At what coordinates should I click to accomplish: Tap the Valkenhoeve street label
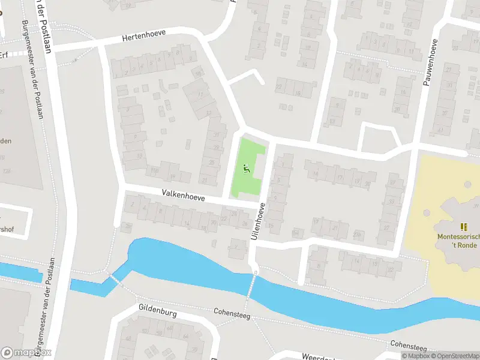[x=183, y=196]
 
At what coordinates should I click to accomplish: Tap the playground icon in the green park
[x=246, y=169]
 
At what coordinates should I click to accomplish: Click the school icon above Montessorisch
[x=463, y=227]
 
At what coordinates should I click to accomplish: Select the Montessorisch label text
[x=458, y=236]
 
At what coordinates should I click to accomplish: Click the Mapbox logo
[x=26, y=353]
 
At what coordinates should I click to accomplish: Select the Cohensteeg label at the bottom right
[x=408, y=346]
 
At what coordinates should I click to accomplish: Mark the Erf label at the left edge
[x=4, y=55]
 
